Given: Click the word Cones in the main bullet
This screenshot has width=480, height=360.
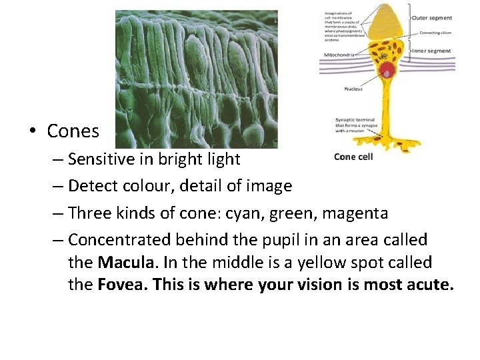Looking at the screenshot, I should point(73,131).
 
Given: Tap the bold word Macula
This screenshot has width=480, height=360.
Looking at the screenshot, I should point(122,263).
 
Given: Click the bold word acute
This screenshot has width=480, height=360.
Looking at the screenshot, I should point(429,285).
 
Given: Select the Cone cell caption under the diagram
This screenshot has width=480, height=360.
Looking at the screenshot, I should point(353,157).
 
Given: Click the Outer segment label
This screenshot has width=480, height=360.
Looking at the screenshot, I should point(431,18).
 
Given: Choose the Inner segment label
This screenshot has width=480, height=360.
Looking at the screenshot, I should point(431,51).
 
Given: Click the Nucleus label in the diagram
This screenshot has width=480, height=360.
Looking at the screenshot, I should point(353,89).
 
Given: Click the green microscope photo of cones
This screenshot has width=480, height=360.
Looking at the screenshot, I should point(197,79).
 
